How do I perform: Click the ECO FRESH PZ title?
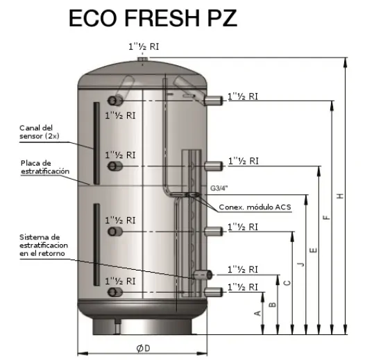(153, 18)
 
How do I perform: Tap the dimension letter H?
(340, 196)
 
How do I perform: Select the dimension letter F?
(327, 217)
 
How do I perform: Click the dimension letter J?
(301, 264)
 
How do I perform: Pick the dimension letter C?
(287, 283)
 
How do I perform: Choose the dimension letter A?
(258, 313)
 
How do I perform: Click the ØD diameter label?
(144, 348)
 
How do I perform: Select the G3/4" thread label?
(219, 188)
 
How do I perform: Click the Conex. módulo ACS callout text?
(255, 207)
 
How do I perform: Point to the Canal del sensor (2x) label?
(40, 132)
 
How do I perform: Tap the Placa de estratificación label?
(45, 167)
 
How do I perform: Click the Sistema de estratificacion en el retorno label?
(44, 246)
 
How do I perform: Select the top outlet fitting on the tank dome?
(143, 59)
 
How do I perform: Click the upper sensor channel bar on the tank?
(96, 143)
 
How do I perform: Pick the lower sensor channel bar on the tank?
(96, 244)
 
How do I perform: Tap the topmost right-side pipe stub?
(213, 101)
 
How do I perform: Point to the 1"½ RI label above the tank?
(144, 46)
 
